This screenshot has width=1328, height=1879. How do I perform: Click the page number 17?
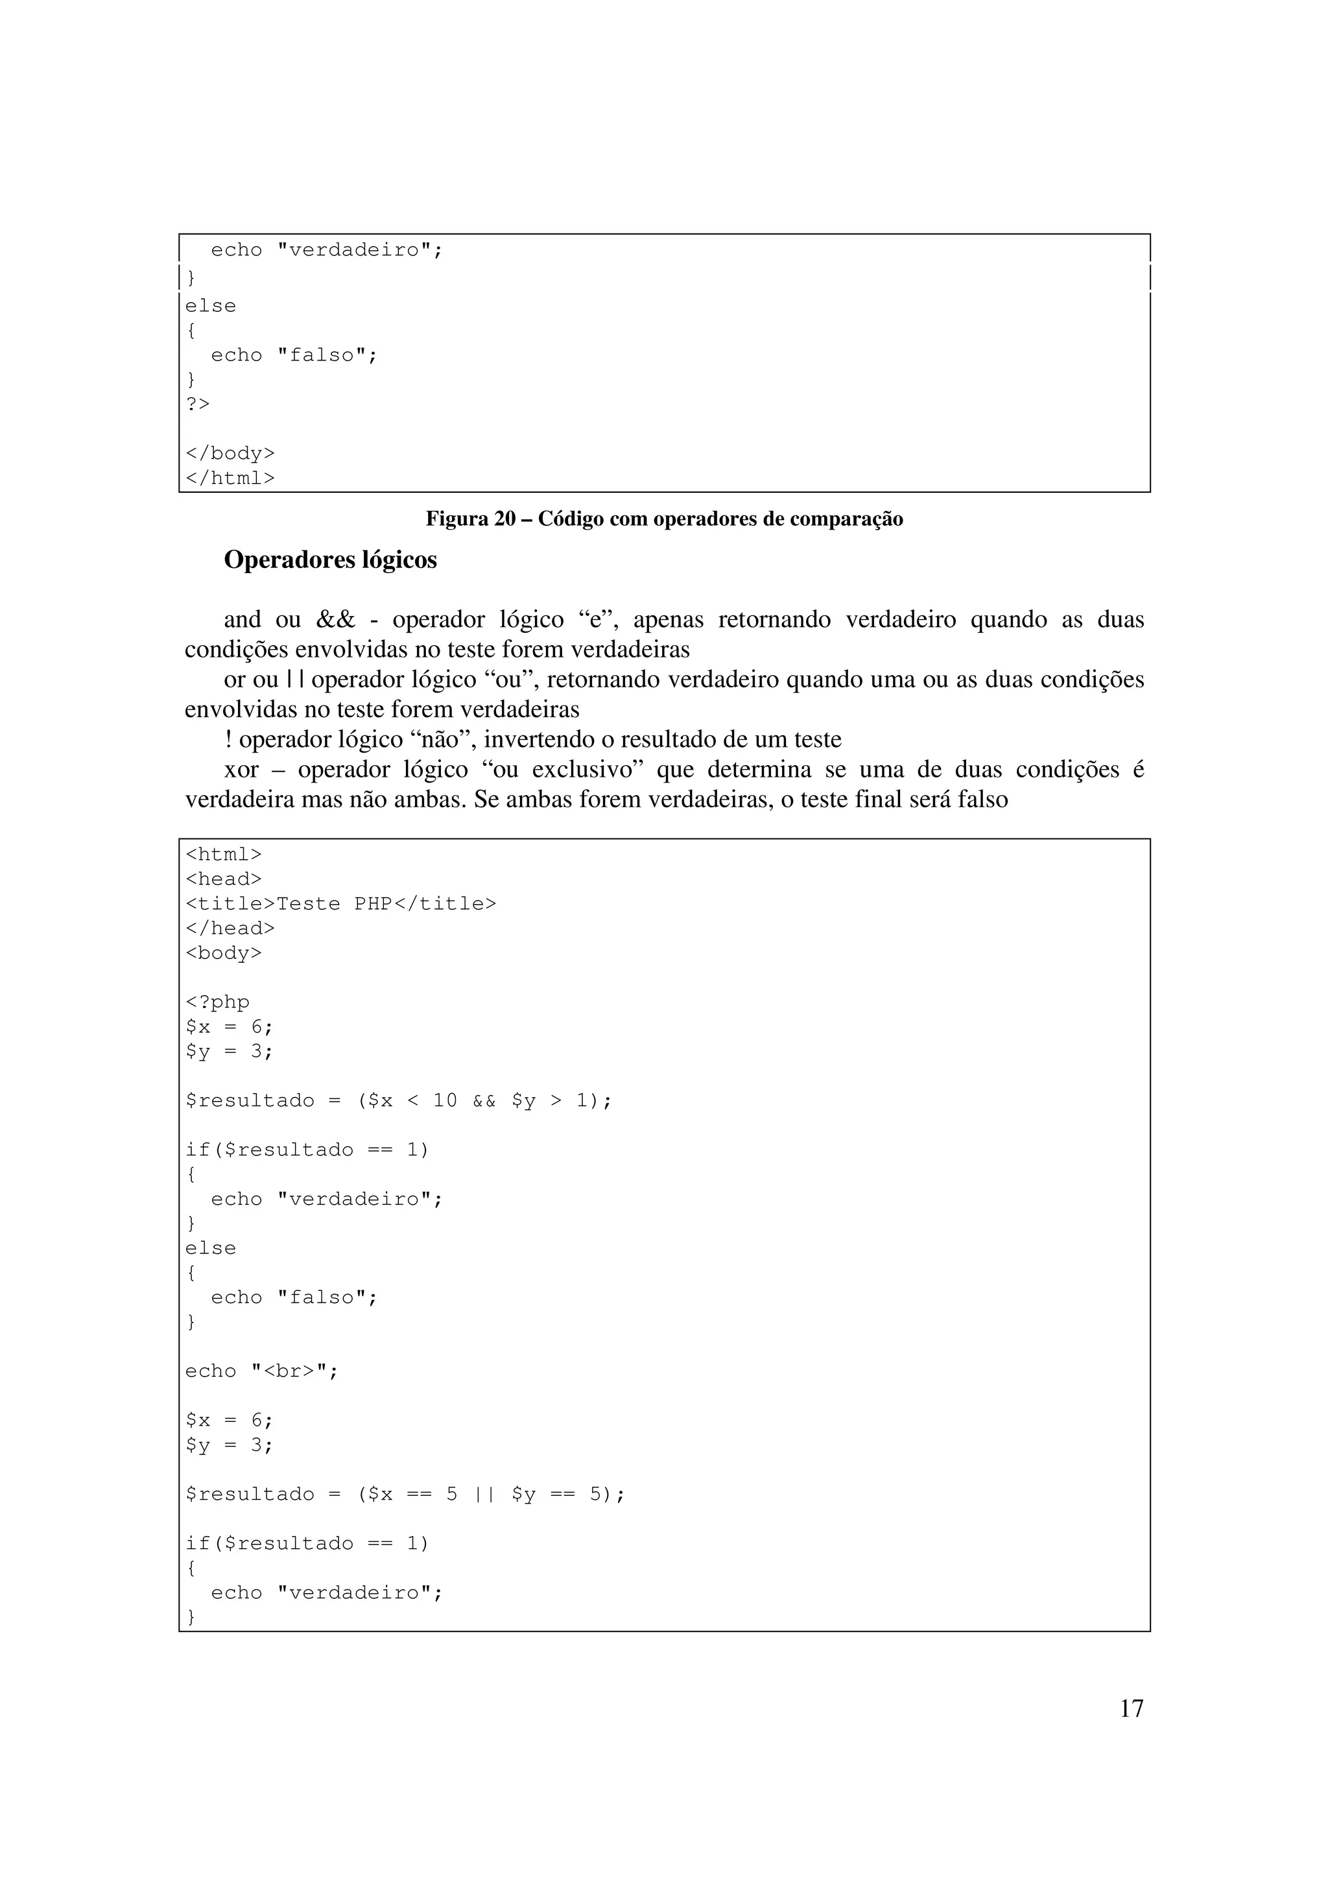(x=1131, y=1708)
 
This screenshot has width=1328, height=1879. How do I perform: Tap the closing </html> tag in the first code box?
(x=230, y=478)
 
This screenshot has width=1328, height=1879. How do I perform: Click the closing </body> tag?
(x=230, y=453)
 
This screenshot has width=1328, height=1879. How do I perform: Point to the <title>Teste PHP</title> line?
(x=340, y=903)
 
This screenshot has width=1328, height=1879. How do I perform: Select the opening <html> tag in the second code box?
(x=223, y=855)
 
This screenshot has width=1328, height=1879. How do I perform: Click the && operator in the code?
(x=484, y=1101)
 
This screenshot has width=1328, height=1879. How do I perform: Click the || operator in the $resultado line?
(x=484, y=1495)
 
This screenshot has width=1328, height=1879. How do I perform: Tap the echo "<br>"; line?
(x=262, y=1371)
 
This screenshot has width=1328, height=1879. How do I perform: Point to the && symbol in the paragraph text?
(x=335, y=619)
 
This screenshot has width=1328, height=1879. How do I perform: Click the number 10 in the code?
(x=444, y=1101)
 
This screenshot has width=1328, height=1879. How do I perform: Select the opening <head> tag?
(x=223, y=879)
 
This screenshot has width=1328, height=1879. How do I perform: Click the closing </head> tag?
(x=230, y=928)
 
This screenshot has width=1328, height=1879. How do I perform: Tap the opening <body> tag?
(x=223, y=952)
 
